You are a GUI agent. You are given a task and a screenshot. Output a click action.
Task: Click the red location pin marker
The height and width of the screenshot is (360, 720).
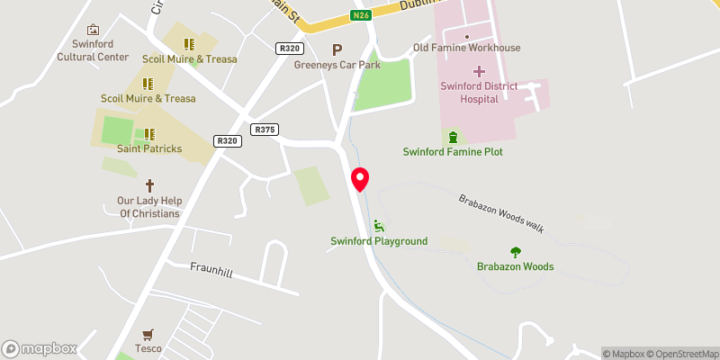[x=360, y=179]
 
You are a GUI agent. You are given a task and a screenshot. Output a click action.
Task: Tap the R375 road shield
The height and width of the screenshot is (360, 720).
[x=265, y=130]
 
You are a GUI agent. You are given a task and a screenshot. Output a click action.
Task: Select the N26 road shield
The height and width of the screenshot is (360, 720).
[x=361, y=15]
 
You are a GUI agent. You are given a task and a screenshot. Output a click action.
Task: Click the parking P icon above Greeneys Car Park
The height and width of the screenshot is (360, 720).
[x=337, y=50]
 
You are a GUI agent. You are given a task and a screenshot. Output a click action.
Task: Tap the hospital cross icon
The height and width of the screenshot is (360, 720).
[x=478, y=71]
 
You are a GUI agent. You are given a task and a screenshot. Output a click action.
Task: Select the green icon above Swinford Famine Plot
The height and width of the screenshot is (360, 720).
[x=453, y=137]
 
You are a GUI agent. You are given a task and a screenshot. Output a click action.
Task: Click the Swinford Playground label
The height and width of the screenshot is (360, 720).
[x=379, y=241]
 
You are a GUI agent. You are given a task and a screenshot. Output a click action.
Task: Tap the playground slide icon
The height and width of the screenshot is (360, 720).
[x=379, y=226]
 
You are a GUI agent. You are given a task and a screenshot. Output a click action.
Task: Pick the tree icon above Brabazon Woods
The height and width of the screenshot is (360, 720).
[x=516, y=252]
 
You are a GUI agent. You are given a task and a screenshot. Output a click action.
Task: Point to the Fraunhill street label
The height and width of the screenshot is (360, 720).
[x=211, y=269]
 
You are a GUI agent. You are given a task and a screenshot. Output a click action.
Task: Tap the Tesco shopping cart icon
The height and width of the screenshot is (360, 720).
[x=148, y=333]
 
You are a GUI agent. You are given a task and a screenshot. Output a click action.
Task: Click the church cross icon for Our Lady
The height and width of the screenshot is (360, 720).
[x=148, y=184]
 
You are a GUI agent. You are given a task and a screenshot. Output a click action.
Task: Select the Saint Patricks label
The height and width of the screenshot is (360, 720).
[x=148, y=148]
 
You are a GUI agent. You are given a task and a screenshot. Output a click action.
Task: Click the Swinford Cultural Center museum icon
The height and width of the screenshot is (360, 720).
[x=93, y=30]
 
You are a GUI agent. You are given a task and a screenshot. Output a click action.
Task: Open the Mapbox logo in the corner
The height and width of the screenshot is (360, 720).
[x=40, y=349]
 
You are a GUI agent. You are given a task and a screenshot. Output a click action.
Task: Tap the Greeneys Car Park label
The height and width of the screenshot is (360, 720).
[x=337, y=65]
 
